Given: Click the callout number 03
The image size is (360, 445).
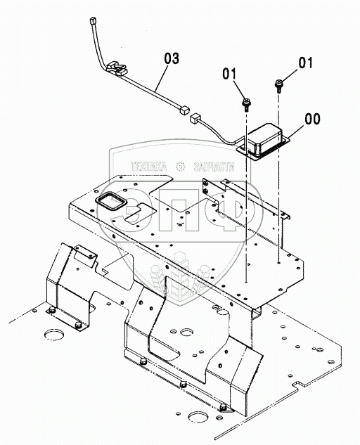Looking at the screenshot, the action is click(172, 58).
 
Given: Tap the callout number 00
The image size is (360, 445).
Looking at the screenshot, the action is click(312, 119).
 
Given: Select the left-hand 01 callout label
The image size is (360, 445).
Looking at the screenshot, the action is click(229, 74).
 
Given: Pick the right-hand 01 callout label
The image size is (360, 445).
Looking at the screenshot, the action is click(305, 63).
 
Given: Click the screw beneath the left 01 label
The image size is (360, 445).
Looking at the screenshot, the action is click(246, 104).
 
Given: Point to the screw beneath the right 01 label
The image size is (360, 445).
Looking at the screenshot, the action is click(278, 86).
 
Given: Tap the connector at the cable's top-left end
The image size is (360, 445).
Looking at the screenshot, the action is click(93, 21).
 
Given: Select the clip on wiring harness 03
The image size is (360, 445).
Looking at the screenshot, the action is click(116, 68).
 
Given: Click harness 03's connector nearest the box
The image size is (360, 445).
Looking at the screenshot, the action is click(184, 110).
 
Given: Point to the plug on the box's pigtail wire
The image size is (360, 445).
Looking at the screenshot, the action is click(195, 118).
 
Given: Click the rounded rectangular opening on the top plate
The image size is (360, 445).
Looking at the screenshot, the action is click(111, 200).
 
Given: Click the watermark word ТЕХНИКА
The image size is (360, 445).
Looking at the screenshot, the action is click(148, 167).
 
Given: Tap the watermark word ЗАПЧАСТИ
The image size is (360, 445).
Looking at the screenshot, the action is click(214, 167).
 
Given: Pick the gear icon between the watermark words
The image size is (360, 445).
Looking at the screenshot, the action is click(180, 167).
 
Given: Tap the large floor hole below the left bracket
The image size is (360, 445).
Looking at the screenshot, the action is click(54, 335).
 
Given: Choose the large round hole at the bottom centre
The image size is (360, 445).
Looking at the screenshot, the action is click(198, 418).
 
